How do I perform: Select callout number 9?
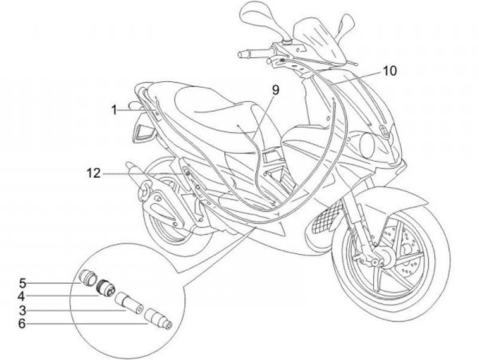click(x=275, y=89)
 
